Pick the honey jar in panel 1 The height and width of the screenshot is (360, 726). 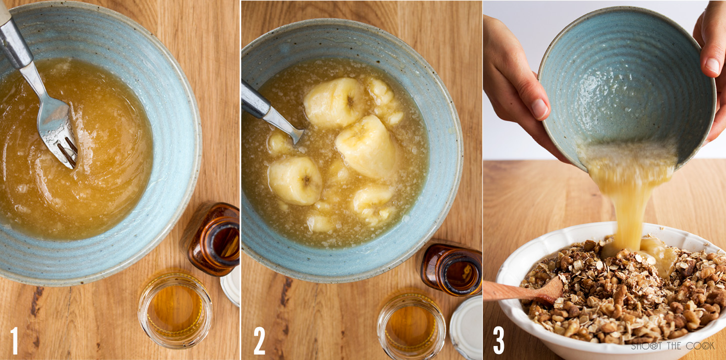click(175, 309)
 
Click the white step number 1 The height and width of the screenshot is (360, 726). click(15, 340)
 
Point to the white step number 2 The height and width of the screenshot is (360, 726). click(259, 340)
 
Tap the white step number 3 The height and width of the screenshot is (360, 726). click(498, 340)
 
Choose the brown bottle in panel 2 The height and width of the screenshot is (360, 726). click(452, 269)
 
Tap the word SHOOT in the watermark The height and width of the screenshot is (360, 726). click(646, 346)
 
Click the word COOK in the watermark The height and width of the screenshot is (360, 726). click(703, 346)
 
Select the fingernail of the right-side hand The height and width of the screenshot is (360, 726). click(712, 65)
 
